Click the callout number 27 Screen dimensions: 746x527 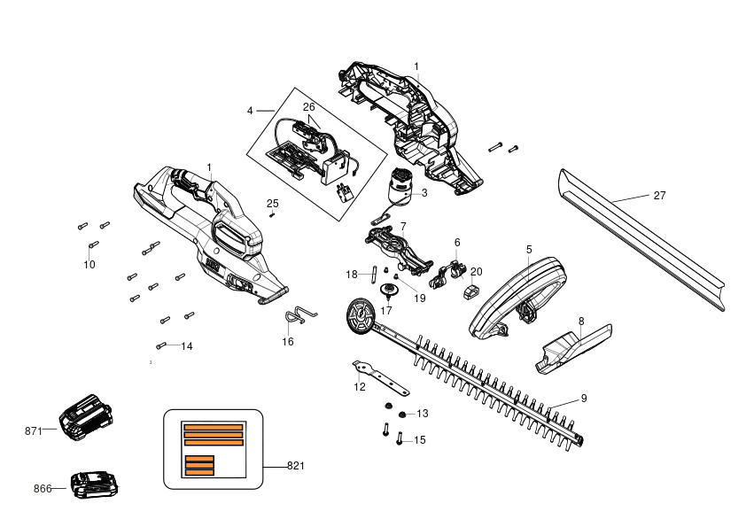pyautogui.click(x=659, y=196)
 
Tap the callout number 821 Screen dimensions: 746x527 pyautogui.click(x=295, y=466)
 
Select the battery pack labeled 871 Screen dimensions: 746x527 pyautogui.click(x=86, y=417)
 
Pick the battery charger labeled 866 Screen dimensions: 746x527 pyautogui.click(x=94, y=484)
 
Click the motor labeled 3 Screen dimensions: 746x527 pyautogui.click(x=398, y=188)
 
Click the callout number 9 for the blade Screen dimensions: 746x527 pyautogui.click(x=584, y=399)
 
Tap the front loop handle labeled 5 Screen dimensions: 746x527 pyautogui.click(x=518, y=298)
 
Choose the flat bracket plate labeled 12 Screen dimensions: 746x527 pyautogui.click(x=380, y=377)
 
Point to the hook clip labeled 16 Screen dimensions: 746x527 pyautogui.click(x=299, y=314)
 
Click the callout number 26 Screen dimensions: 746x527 pyautogui.click(x=309, y=107)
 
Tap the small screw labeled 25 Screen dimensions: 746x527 pyautogui.click(x=272, y=214)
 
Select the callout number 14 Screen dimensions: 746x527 pyautogui.click(x=187, y=346)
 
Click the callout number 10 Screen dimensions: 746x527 pyautogui.click(x=89, y=265)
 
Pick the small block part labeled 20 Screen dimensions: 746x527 pyautogui.click(x=470, y=292)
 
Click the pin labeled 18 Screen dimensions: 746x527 pyautogui.click(x=374, y=274)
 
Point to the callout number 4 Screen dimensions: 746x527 pyautogui.click(x=250, y=111)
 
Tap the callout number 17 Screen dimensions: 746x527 pyautogui.click(x=386, y=311)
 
